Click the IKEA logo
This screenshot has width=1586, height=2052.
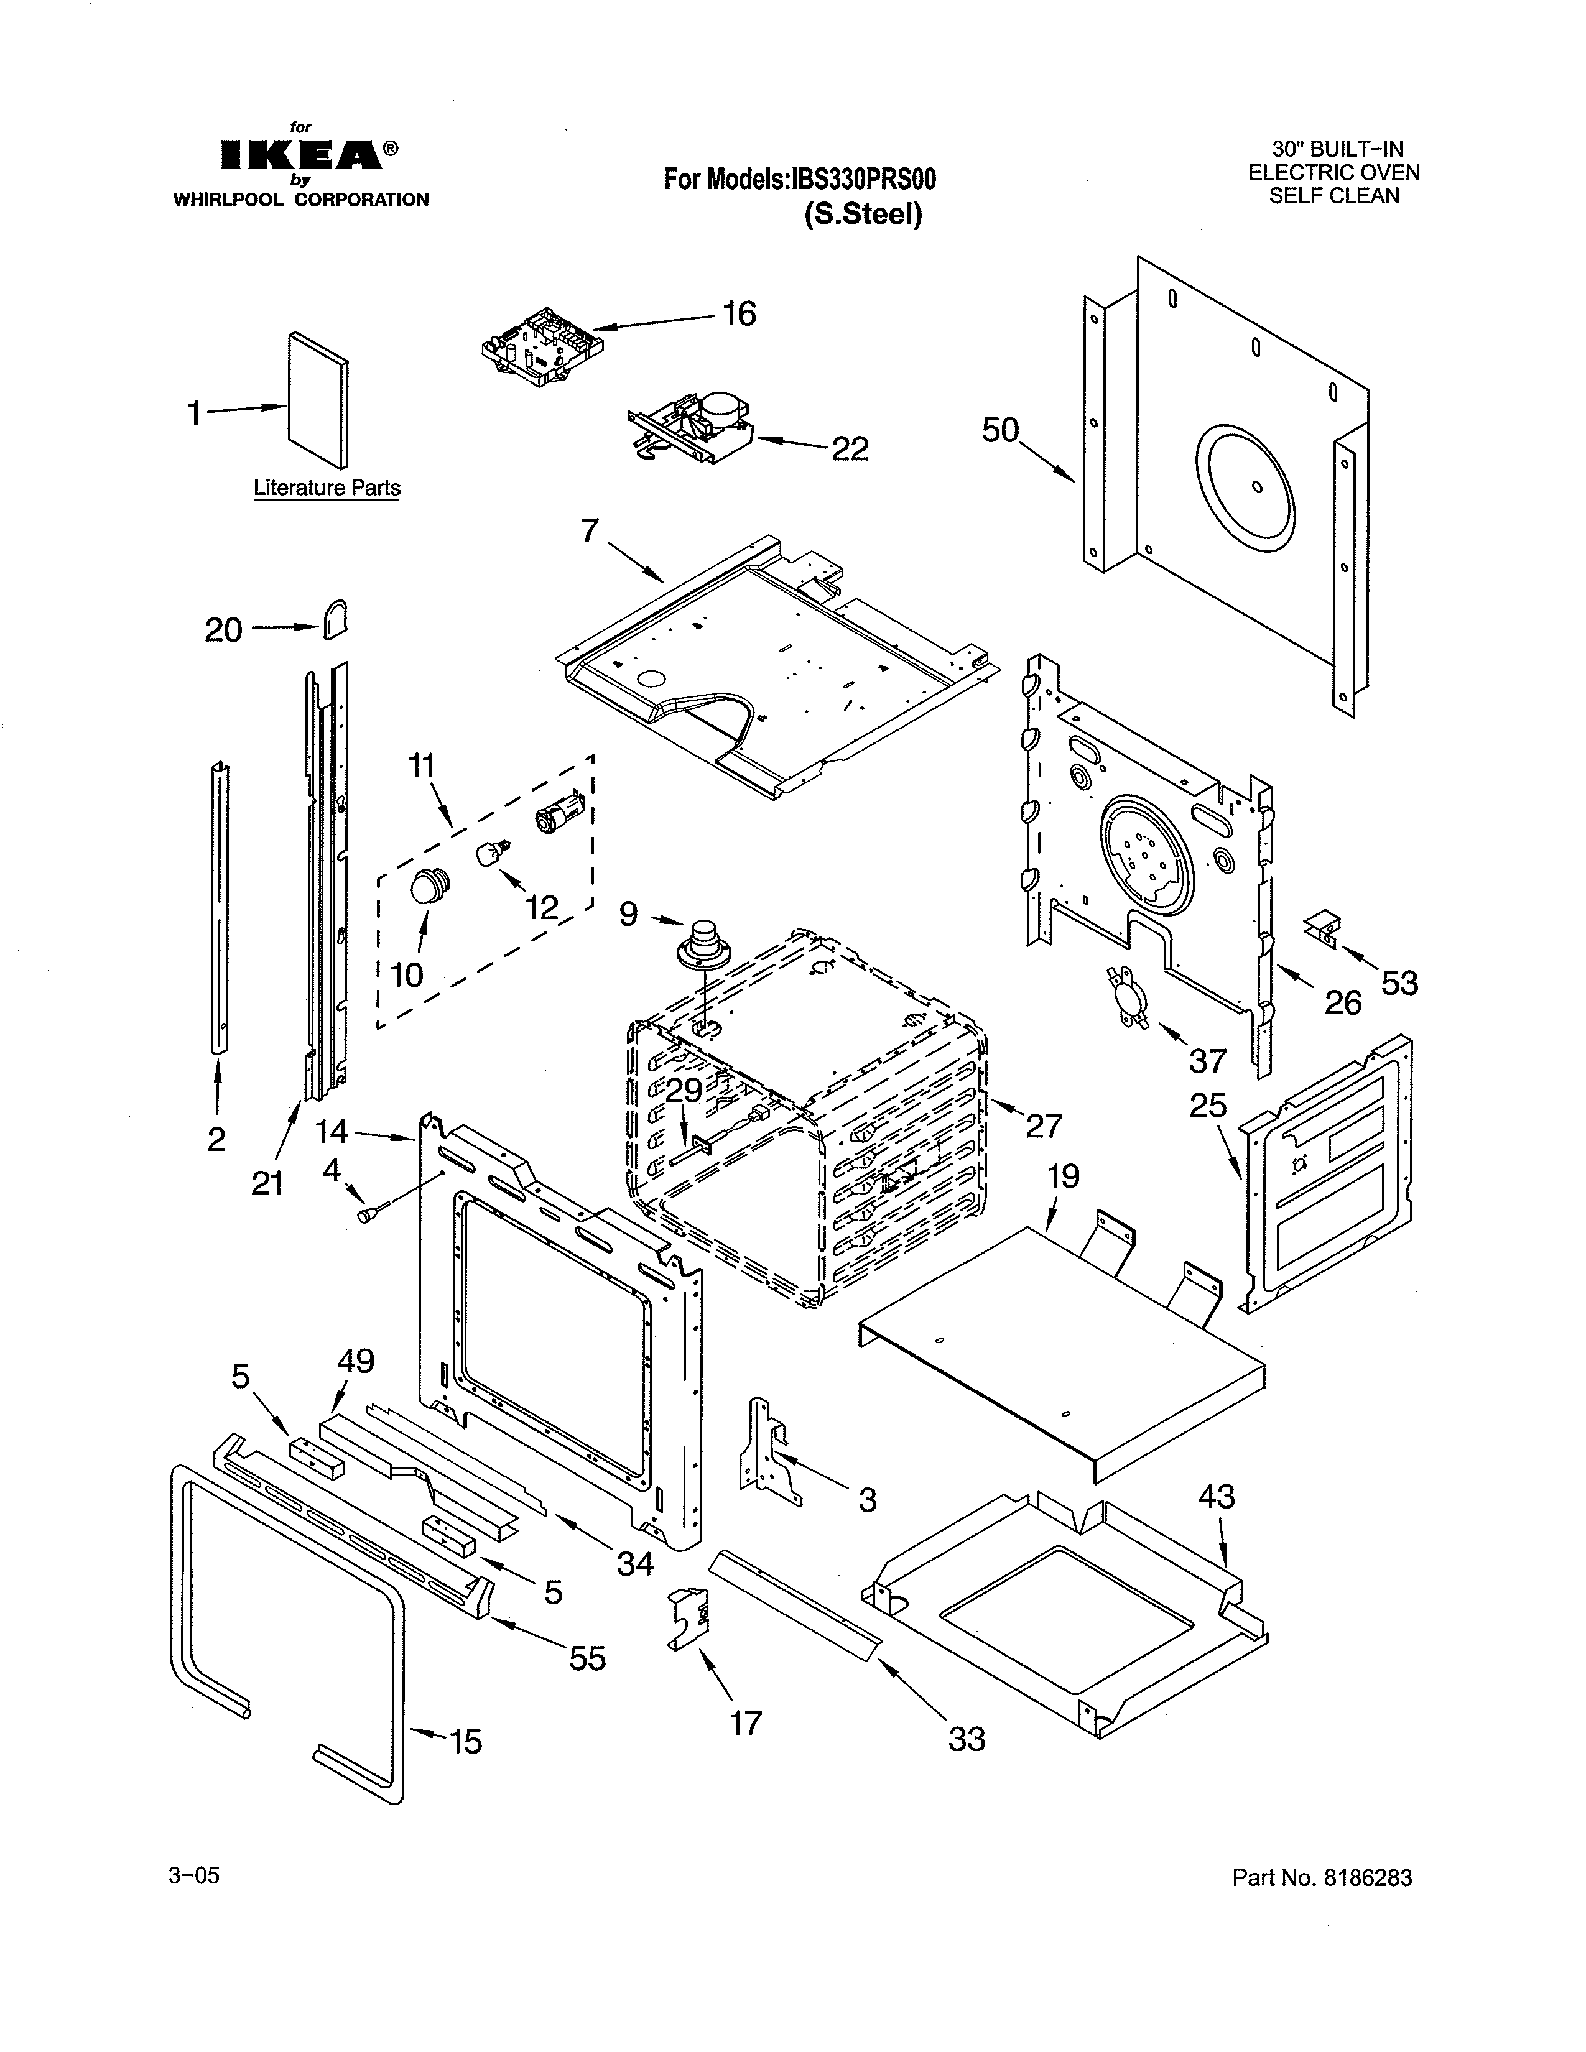pyautogui.click(x=300, y=155)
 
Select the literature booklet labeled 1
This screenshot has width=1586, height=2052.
pyautogui.click(x=318, y=399)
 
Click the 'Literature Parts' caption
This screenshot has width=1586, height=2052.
pyautogui.click(x=327, y=489)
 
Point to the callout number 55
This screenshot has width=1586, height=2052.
pyautogui.click(x=587, y=1659)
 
